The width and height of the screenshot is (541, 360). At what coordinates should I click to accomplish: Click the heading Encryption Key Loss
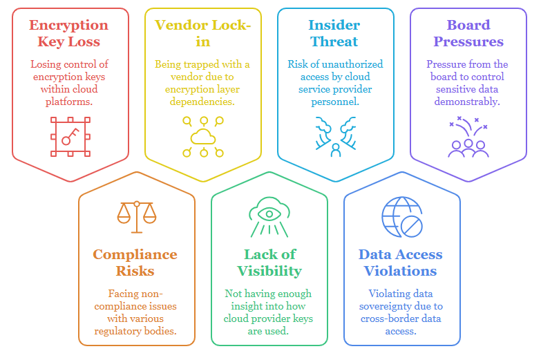(68, 33)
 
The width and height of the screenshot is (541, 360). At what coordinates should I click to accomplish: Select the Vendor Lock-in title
(202, 33)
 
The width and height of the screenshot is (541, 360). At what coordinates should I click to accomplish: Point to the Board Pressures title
(468, 33)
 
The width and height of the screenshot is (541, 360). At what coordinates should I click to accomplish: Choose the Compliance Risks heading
(135, 263)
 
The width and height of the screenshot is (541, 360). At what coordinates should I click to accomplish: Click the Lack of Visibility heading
(269, 263)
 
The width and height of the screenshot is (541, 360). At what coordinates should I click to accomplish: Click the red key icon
(69, 135)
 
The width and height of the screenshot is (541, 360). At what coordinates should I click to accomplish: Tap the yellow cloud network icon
(203, 136)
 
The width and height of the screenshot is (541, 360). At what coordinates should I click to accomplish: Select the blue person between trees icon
(336, 137)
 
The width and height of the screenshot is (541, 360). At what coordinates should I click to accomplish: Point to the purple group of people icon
(468, 139)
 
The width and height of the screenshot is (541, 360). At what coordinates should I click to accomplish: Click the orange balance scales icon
(136, 216)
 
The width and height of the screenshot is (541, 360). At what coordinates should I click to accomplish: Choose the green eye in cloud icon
(269, 216)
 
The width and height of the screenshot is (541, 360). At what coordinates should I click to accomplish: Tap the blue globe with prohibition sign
(401, 217)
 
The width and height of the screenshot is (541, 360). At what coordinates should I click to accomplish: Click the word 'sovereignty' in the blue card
(406, 306)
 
